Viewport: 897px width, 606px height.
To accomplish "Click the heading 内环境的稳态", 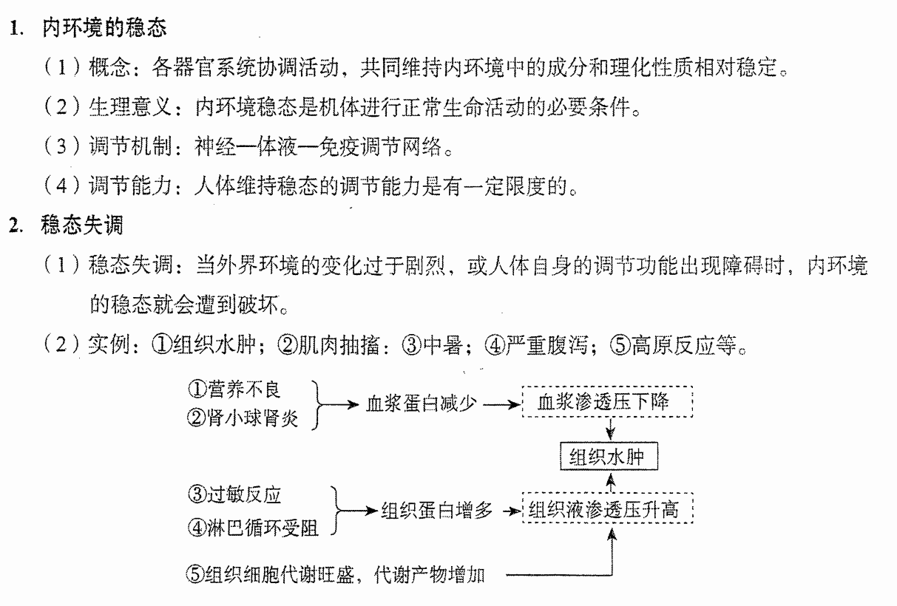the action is (x=104, y=28).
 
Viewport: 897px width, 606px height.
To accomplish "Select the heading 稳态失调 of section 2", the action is (x=81, y=225).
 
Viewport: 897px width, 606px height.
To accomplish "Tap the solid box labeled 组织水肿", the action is (x=609, y=456).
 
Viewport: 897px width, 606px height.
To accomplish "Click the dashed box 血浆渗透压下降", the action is (x=607, y=402).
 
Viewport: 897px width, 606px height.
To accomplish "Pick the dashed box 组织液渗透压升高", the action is (x=607, y=508).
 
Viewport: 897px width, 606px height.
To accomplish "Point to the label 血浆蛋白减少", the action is (x=422, y=404).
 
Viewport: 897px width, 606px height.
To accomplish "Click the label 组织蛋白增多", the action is (x=436, y=511).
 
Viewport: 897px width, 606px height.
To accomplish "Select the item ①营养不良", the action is (x=234, y=389).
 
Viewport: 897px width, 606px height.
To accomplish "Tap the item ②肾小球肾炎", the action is (x=243, y=418).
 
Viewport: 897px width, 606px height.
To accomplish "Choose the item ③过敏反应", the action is (x=234, y=494).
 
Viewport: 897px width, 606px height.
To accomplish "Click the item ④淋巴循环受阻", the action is (x=253, y=528).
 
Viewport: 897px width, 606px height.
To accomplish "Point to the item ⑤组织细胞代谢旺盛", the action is (x=270, y=574).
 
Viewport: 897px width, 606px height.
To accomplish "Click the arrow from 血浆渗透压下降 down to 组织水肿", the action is (x=610, y=429).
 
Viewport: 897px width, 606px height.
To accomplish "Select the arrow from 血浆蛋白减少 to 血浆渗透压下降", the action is (x=502, y=405).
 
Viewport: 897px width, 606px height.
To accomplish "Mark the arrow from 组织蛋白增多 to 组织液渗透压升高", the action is (x=512, y=511).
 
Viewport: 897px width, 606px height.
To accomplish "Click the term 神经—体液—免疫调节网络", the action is (x=318, y=146).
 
